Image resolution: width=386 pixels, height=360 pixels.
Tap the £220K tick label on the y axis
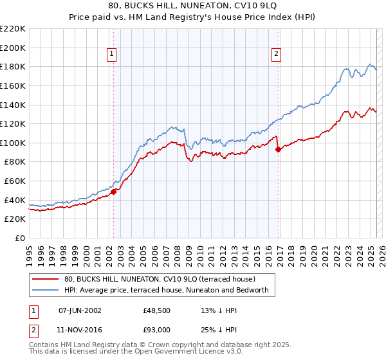(14, 29)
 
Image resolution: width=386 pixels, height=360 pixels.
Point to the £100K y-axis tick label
(14, 143)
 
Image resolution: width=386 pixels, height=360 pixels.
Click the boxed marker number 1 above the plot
(113, 55)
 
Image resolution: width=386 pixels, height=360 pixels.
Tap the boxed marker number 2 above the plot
(276, 55)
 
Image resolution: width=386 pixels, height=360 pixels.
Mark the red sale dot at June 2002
(113, 191)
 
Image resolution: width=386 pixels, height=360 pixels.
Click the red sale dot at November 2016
(278, 149)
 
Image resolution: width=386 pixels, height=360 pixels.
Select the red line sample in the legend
(45, 279)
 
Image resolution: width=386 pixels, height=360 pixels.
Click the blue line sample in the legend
(45, 291)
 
